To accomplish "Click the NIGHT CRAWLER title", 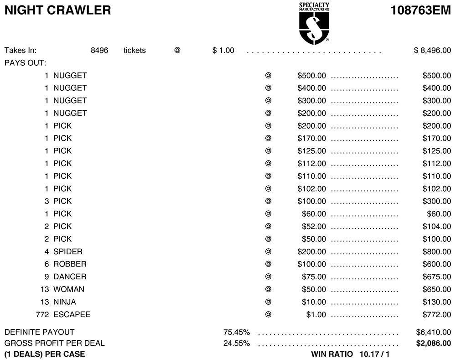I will [x=57, y=10].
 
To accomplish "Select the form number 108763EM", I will [x=421, y=10].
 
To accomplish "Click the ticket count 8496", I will [x=99, y=50].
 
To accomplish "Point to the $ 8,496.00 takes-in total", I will [x=432, y=50].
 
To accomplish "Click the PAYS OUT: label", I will [x=26, y=63].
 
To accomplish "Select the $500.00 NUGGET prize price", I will [x=311, y=75].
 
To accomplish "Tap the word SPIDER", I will [x=68, y=251].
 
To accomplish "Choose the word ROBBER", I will [x=70, y=264].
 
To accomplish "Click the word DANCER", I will [x=70, y=277].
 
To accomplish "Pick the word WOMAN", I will [x=69, y=289].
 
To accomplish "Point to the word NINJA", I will [x=65, y=302].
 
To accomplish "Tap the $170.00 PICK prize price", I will [x=311, y=138].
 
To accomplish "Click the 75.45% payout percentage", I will [x=236, y=332].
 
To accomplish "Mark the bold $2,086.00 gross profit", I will [x=434, y=343].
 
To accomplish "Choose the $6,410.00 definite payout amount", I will [x=434, y=332].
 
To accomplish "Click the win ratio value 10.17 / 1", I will [x=375, y=354].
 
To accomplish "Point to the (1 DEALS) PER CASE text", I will [x=45, y=354].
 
